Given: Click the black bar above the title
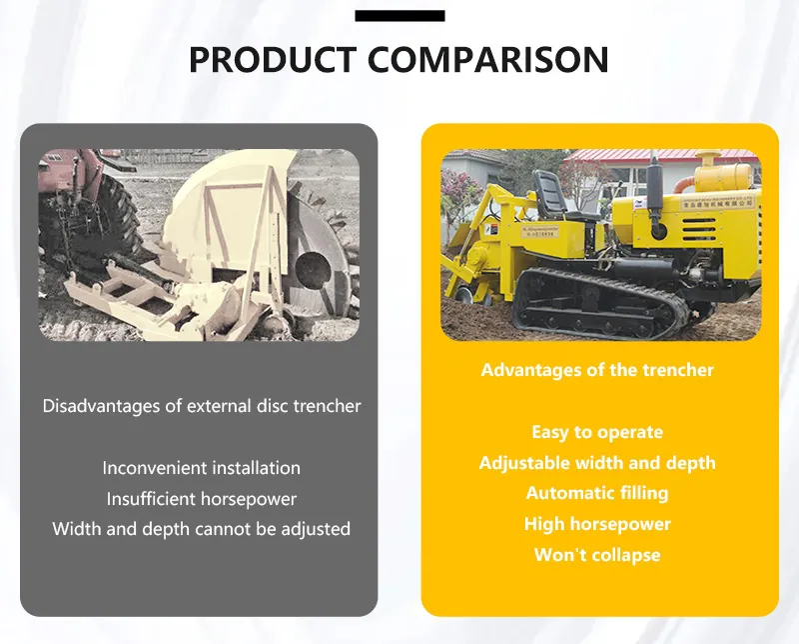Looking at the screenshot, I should point(399,15).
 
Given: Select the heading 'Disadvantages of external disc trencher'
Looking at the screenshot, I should point(201,406).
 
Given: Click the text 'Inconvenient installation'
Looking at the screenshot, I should point(201,468).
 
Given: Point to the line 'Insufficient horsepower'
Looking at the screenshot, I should point(201,499).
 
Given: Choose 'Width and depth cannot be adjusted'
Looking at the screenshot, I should point(201,529).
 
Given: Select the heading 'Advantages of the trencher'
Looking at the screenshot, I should point(597,370).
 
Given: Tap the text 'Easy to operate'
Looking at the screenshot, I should point(597,432).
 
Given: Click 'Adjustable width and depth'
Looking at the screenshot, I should point(597,463).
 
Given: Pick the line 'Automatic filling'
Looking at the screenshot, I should point(597,493).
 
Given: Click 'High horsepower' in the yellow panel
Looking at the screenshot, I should point(597,524).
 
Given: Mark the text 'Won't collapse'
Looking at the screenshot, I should point(597,555).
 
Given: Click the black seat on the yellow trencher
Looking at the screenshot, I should point(550,190).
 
